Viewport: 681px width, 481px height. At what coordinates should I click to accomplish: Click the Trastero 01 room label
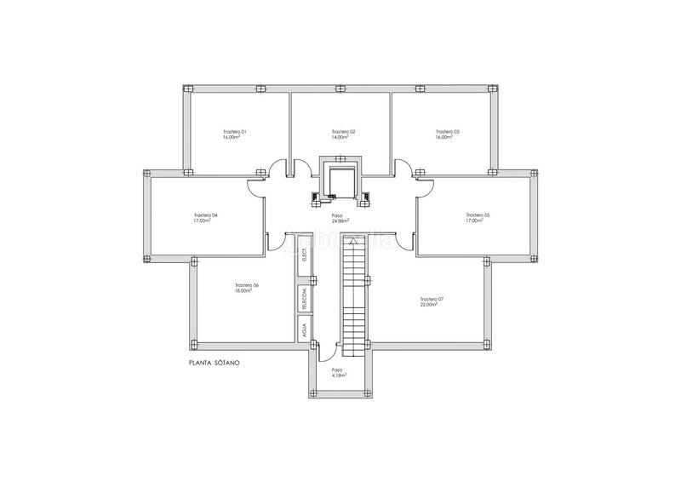point(234,132)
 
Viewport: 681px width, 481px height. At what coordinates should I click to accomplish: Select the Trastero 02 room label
point(343,132)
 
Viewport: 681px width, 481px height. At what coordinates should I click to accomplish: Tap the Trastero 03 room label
point(447,132)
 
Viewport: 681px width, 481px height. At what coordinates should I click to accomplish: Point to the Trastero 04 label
point(206,215)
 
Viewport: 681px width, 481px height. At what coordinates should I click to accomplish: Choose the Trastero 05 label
point(478,215)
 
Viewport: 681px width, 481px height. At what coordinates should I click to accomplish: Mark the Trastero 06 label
point(246,284)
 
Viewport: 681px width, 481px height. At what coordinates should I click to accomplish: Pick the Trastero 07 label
point(432,299)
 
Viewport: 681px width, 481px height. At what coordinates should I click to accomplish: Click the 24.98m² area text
point(340,221)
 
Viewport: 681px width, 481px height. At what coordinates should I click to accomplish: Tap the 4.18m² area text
point(338,375)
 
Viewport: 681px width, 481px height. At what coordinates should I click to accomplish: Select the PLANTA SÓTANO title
point(215,364)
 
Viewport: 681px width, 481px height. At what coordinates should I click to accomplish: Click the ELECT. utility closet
point(304,266)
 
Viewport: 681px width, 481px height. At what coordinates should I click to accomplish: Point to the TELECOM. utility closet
point(304,300)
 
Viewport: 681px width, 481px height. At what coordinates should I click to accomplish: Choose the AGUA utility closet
point(304,330)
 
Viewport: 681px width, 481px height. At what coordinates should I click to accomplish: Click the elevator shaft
point(340,180)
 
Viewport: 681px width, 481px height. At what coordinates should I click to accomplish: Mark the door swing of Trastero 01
point(278,169)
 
